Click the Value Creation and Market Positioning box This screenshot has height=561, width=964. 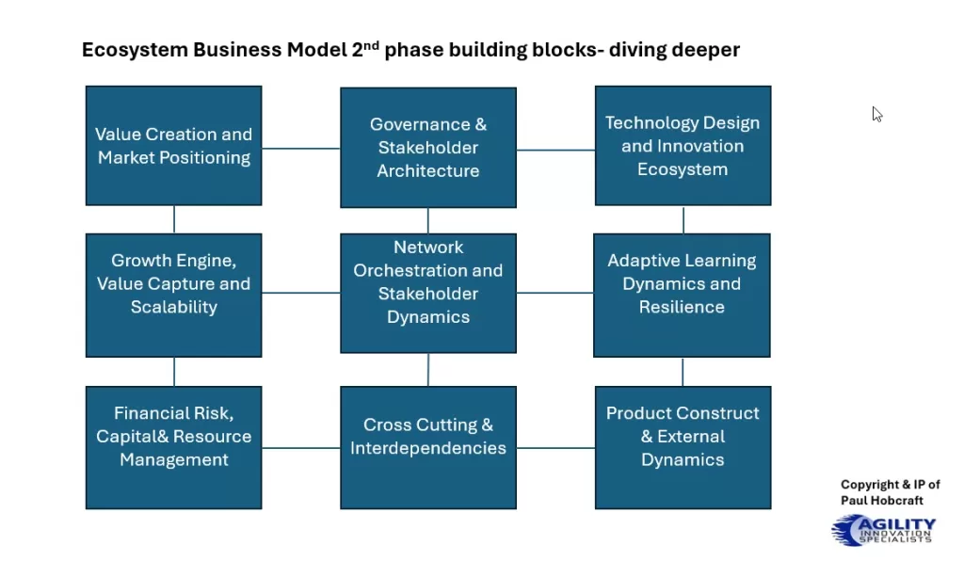[174, 146]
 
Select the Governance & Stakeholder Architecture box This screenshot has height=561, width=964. [428, 148]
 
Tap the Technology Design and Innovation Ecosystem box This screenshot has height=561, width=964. [683, 146]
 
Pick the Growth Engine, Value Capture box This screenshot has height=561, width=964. [174, 295]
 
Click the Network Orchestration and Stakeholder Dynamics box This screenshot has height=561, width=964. [428, 293]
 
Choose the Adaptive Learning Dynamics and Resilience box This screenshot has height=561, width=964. [682, 295]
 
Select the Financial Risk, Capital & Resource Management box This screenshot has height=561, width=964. [174, 447]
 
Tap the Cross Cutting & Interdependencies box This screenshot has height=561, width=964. [428, 447]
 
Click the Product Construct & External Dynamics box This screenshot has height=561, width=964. [683, 447]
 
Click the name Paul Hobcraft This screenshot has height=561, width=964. [882, 501]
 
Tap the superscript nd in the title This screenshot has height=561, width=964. [371, 43]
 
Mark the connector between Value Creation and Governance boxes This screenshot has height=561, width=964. [300, 148]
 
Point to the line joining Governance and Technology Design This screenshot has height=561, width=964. [555, 149]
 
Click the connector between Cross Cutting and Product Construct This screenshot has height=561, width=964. [555, 447]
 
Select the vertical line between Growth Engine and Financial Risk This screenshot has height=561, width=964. [174, 372]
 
